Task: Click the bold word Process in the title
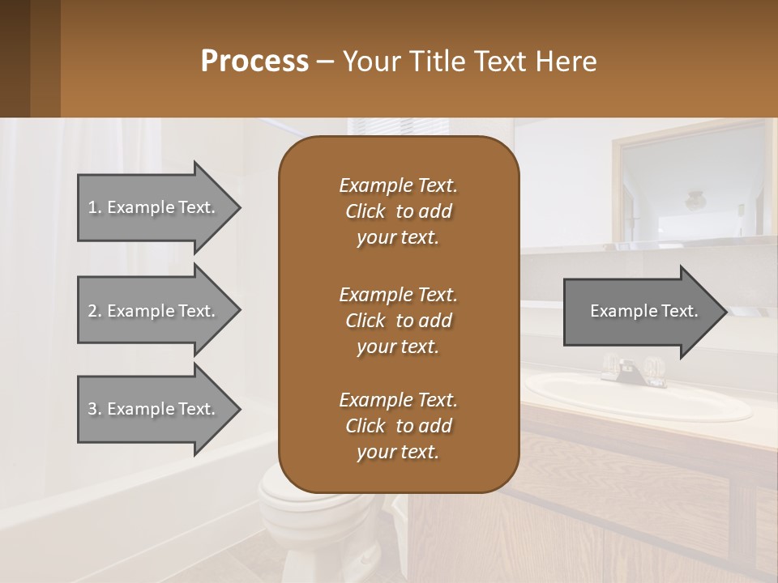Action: (254, 61)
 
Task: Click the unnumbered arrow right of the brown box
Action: (640, 311)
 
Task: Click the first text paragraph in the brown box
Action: (398, 211)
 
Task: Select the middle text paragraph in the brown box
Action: (398, 320)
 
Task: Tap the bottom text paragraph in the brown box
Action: (398, 426)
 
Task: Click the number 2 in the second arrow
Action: (92, 311)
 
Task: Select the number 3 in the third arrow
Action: (92, 409)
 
